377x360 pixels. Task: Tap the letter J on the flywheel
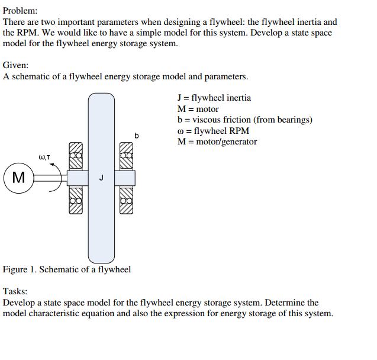[101, 177]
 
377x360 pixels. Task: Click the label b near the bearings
[137, 136]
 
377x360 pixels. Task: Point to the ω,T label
[44, 157]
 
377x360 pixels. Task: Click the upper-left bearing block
[75, 156]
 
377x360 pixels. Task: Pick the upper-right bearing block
[127, 156]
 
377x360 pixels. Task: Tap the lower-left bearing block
[75, 199]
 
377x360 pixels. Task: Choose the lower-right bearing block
[127, 199]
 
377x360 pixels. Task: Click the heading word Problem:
[20, 11]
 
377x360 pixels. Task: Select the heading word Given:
[16, 65]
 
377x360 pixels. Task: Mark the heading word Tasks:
[15, 291]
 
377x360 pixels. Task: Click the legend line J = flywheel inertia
[214, 98]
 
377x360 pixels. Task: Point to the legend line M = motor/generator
[217, 142]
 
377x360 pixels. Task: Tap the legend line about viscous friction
[244, 120]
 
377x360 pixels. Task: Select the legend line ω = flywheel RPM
[213, 131]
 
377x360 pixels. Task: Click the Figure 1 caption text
[67, 269]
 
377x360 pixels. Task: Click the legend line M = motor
[198, 109]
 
